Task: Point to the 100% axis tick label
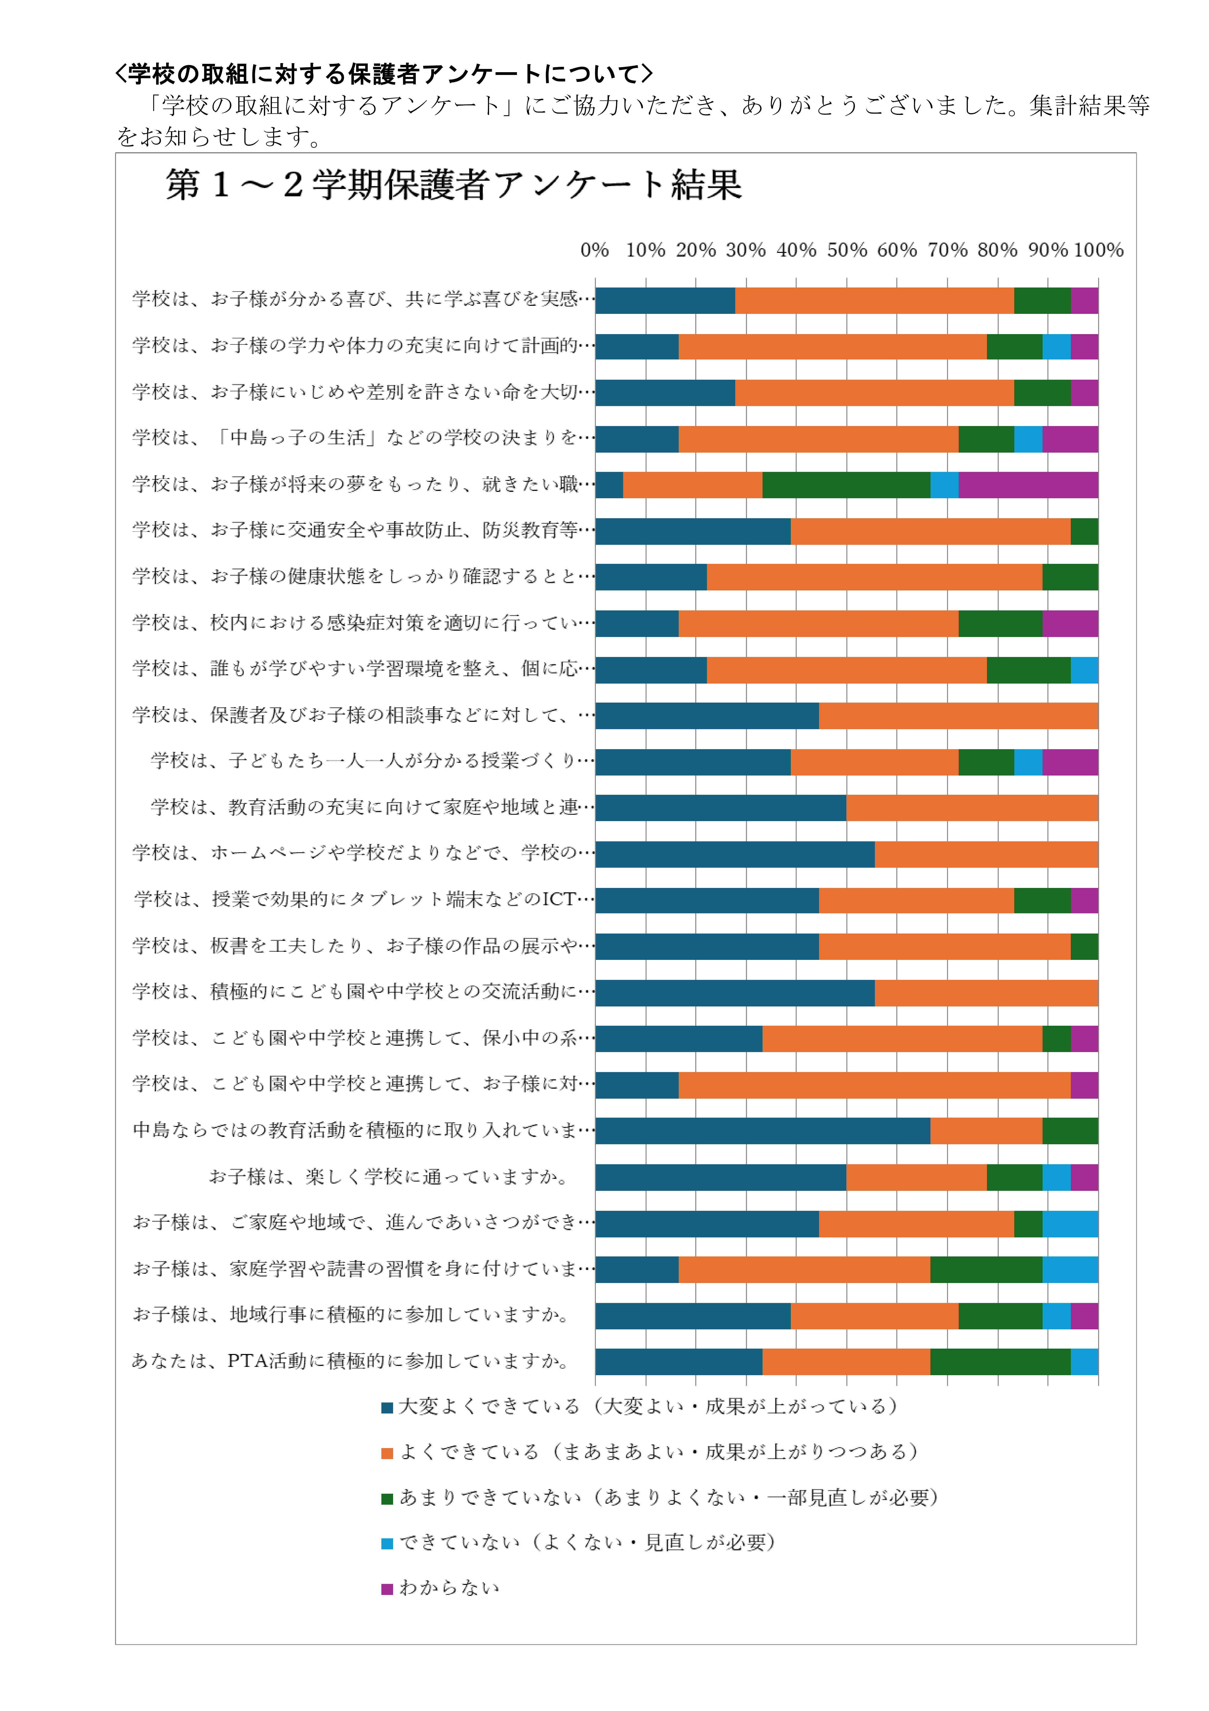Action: [x=1098, y=250]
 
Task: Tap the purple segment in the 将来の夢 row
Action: [x=1028, y=485]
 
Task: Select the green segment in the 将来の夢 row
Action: [x=846, y=485]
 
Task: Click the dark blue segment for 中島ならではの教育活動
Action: [x=762, y=1131]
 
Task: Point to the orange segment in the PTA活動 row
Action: [x=846, y=1362]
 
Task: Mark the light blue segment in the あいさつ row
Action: [x=1070, y=1224]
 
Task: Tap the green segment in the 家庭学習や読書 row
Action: [x=986, y=1270]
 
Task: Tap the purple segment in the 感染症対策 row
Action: [x=1070, y=624]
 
